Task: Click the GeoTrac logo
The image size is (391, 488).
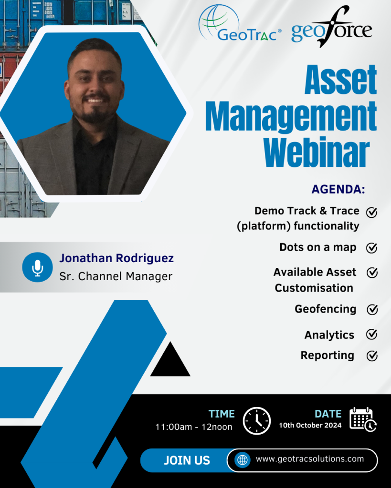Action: click(x=240, y=24)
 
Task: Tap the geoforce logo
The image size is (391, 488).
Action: click(x=331, y=27)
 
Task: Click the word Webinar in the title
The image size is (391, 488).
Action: click(x=317, y=152)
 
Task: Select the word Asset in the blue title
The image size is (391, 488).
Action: click(x=341, y=80)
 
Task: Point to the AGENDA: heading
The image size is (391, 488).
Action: click(x=338, y=189)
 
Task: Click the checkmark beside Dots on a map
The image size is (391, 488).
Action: click(x=372, y=248)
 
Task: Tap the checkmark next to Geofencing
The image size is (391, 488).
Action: click(x=372, y=309)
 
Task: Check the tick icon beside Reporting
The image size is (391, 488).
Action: click(x=372, y=356)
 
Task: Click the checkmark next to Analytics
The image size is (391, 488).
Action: click(x=372, y=334)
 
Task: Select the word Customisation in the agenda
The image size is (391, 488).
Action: click(x=314, y=288)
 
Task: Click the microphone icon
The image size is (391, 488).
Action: click(x=37, y=267)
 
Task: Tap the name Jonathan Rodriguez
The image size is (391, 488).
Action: click(x=116, y=258)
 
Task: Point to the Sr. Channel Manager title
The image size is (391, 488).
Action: click(x=116, y=276)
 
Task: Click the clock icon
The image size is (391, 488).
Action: click(x=257, y=421)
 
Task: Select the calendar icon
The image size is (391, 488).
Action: click(x=363, y=419)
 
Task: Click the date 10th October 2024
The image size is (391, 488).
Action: click(x=310, y=426)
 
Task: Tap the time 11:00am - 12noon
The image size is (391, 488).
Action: click(x=194, y=427)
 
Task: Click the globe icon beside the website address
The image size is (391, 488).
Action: click(x=243, y=460)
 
